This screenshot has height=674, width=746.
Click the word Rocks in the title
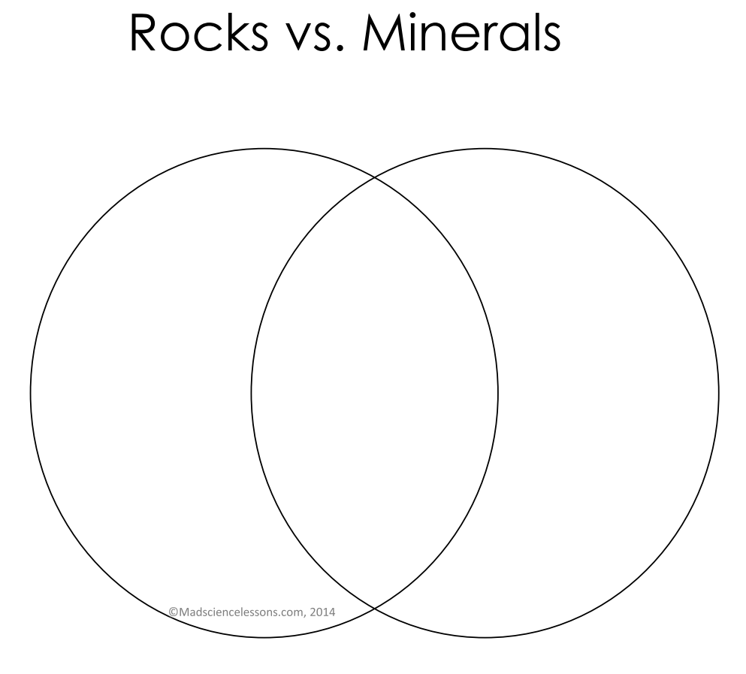(199, 32)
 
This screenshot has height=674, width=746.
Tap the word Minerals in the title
(462, 32)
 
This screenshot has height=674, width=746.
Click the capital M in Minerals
(383, 33)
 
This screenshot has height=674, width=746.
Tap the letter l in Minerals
(534, 32)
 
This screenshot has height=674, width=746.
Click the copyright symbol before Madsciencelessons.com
(174, 612)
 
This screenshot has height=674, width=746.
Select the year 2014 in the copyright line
(322, 612)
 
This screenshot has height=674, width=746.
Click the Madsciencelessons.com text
(242, 612)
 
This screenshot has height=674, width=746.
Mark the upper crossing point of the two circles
(375, 177)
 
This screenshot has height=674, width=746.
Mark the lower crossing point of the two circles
(375, 609)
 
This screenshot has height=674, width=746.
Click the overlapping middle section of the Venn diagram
(375, 393)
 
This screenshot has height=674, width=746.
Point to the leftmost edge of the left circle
(31, 393)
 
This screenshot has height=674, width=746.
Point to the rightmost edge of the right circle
(719, 393)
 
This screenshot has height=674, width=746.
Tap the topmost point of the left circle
(264, 149)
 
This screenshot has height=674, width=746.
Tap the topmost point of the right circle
(485, 149)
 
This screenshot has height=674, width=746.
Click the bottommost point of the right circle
(485, 637)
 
